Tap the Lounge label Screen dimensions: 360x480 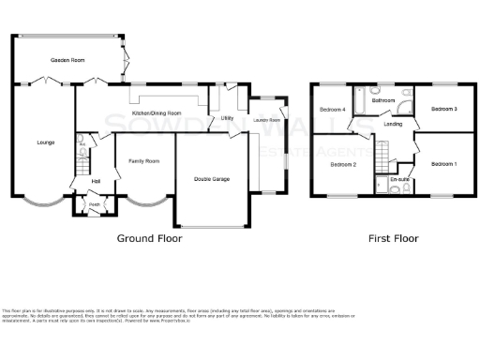45,142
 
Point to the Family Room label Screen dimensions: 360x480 143,161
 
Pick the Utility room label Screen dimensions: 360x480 226,118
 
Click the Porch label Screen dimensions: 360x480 95,205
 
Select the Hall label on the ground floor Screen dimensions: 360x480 96,181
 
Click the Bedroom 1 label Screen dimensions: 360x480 443,164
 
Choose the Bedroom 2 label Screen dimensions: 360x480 342,165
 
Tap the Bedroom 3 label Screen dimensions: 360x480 443,110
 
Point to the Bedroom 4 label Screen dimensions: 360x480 333,110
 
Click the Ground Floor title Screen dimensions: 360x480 149,238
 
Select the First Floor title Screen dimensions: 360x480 393,238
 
